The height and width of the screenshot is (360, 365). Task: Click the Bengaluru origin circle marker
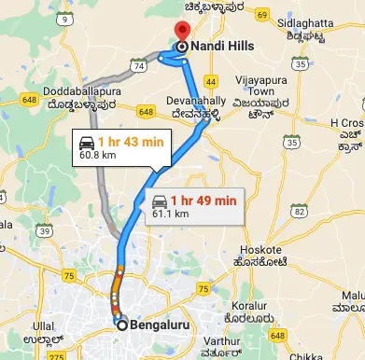[121, 325]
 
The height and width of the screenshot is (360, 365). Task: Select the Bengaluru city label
[159, 325]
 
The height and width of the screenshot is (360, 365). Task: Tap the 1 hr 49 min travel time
[206, 200]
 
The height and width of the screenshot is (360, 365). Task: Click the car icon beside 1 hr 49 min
[161, 200]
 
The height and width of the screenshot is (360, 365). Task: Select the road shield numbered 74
[137, 67]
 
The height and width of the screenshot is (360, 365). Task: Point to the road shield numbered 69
[262, 16]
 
